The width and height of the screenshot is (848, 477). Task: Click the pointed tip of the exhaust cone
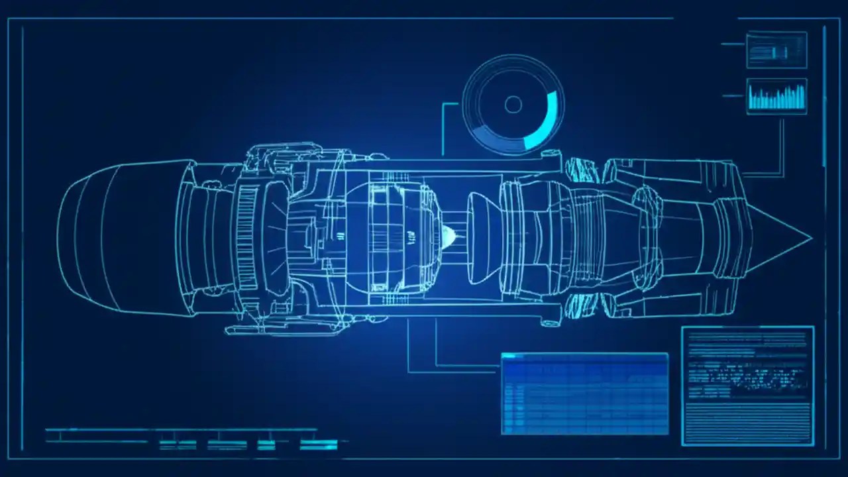[810, 238]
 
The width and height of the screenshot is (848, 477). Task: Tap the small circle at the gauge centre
[513, 105]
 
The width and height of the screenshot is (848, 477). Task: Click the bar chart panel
[776, 97]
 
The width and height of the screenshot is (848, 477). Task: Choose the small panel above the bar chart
[776, 50]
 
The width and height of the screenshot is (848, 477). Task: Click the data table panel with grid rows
[584, 394]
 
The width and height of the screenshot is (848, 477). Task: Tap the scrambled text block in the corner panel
[747, 374]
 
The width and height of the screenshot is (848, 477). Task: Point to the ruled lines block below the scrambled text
[747, 421]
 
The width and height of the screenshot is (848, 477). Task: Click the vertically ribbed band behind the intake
[246, 238]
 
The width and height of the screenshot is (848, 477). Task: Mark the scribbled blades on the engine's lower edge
[583, 306]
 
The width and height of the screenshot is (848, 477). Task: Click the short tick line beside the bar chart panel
[733, 96]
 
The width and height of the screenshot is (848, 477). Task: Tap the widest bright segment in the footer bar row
[319, 445]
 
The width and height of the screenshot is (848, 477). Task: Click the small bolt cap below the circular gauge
[548, 154]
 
